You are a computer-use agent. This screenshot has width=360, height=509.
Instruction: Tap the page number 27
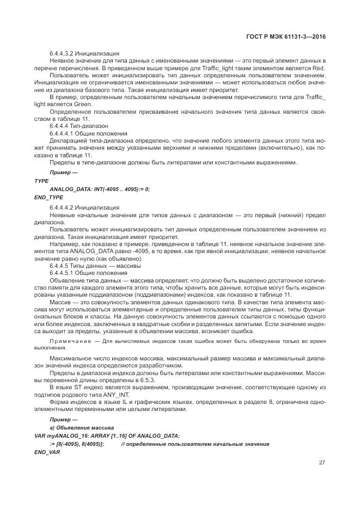click(322, 463)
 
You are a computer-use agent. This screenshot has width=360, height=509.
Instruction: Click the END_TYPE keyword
click(48, 197)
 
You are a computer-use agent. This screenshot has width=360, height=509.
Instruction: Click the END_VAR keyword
click(47, 452)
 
